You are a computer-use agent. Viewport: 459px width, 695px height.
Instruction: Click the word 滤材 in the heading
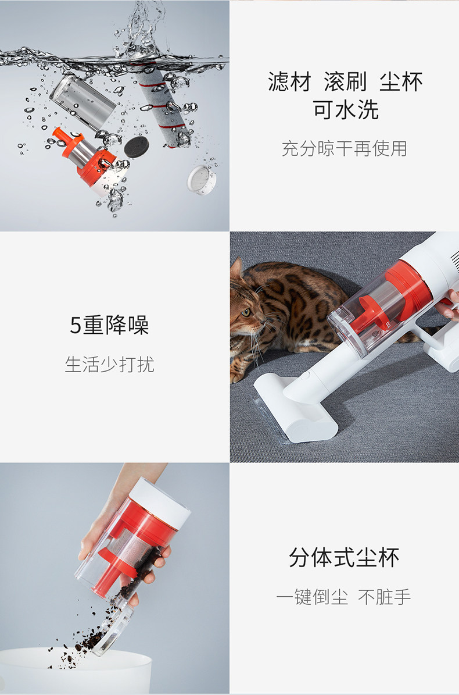tap(289, 81)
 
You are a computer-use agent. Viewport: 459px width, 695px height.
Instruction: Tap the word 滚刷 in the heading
tap(345, 81)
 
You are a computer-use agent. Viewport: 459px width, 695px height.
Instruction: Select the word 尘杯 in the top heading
tap(401, 81)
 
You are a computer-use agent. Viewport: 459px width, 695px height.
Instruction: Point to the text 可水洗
tap(346, 109)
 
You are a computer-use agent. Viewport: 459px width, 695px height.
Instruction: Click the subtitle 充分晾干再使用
tap(345, 148)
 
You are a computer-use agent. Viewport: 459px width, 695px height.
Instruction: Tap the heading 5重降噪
tap(109, 325)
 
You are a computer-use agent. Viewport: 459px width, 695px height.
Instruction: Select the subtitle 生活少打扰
tap(109, 364)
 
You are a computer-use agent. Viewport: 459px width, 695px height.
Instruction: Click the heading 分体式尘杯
tap(344, 558)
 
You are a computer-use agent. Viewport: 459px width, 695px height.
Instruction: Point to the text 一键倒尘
tap(312, 597)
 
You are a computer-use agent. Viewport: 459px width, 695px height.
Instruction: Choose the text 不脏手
tap(385, 597)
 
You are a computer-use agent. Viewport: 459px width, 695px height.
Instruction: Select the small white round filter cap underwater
tap(202, 180)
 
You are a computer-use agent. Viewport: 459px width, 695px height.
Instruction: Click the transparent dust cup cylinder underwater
tap(83, 102)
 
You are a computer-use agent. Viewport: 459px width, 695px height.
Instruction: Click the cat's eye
tap(246, 312)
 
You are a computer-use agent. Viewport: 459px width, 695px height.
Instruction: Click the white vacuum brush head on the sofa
tap(295, 408)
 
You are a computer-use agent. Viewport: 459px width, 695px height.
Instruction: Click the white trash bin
tap(76, 670)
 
